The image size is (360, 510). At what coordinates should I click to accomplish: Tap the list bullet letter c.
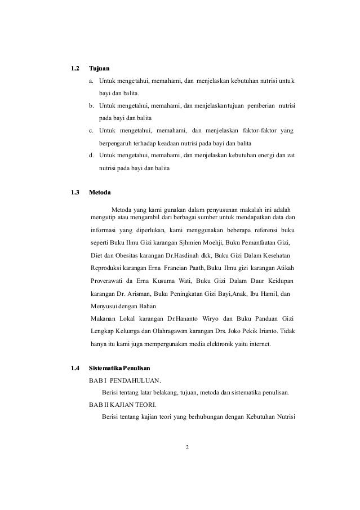(x=92, y=131)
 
